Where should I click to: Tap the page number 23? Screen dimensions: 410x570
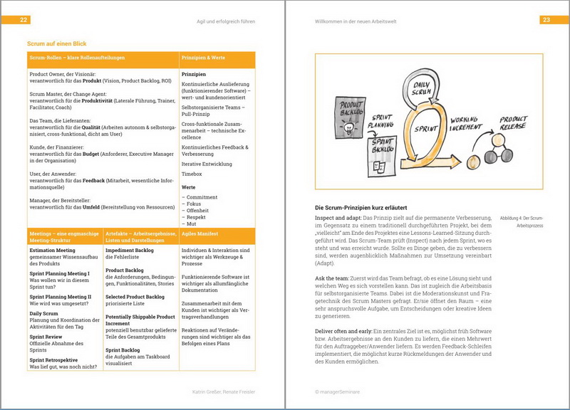(x=546, y=20)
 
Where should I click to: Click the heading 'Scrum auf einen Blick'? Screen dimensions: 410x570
(x=56, y=43)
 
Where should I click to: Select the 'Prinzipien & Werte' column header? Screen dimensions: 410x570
(x=203, y=58)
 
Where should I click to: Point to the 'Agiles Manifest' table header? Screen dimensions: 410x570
(x=201, y=233)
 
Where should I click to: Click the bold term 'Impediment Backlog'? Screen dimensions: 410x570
(x=130, y=251)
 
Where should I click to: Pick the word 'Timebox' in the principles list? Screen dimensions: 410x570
(x=192, y=173)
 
